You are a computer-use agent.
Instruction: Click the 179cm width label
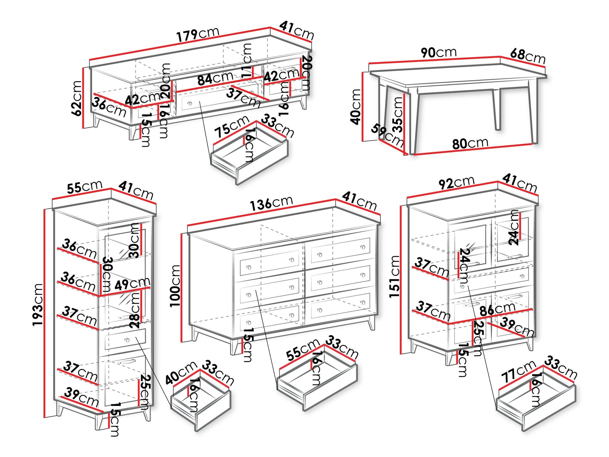[x=198, y=34]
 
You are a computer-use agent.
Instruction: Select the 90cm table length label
[x=439, y=53]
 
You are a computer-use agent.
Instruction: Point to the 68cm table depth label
[x=527, y=56]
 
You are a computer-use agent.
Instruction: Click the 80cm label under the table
[x=470, y=143]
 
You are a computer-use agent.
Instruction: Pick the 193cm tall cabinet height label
[x=38, y=304]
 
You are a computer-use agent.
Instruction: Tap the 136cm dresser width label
[x=271, y=203]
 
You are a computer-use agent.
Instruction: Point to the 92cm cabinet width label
[x=456, y=183]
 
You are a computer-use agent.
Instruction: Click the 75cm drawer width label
[x=232, y=126]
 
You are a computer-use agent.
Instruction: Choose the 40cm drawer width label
[x=181, y=373]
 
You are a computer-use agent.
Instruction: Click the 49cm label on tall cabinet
[x=132, y=284]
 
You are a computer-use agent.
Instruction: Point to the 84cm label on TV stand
[x=215, y=78]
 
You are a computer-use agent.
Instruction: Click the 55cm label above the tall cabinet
[x=85, y=187]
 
